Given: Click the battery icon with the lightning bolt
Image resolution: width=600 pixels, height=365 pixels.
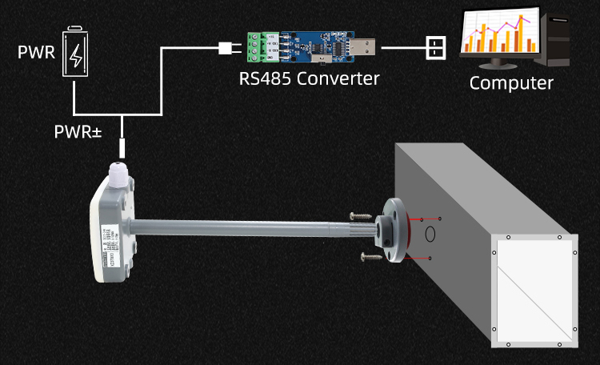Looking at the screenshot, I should (75, 54).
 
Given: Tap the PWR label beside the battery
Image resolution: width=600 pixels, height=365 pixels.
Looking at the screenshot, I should (35, 54).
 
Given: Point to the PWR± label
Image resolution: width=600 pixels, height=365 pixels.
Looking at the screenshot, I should (78, 130).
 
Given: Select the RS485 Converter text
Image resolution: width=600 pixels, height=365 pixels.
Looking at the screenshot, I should (309, 78).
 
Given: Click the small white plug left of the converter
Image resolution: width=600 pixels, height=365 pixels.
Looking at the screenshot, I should (225, 48).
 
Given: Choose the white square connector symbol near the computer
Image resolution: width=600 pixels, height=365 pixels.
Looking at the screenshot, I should (434, 48).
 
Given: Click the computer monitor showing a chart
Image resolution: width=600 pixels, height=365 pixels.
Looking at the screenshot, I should (498, 36).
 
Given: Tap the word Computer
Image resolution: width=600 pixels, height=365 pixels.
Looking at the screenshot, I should (511, 82).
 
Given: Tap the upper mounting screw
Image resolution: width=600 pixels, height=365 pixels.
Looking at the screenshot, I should (361, 216).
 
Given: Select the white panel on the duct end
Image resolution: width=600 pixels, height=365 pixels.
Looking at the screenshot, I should (534, 289).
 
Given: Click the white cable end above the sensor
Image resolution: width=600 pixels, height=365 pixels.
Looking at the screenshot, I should (122, 146).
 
